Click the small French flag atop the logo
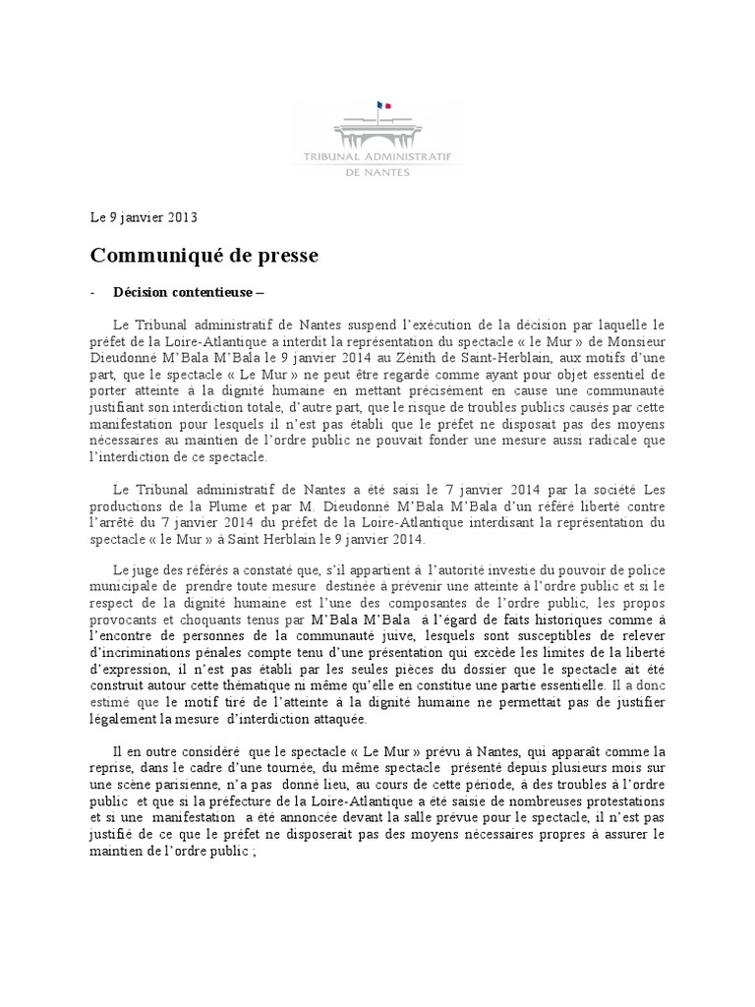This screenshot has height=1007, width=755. point(383,105)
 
